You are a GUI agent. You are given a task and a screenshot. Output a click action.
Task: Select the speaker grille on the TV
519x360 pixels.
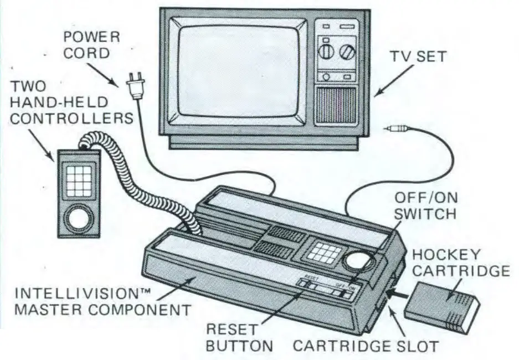point(336,105)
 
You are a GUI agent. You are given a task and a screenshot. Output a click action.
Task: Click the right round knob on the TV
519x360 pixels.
point(348,53)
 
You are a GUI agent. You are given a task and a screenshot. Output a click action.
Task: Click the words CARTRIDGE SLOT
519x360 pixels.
point(365,346)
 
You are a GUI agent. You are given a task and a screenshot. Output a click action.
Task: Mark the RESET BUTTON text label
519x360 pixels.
point(240,337)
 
